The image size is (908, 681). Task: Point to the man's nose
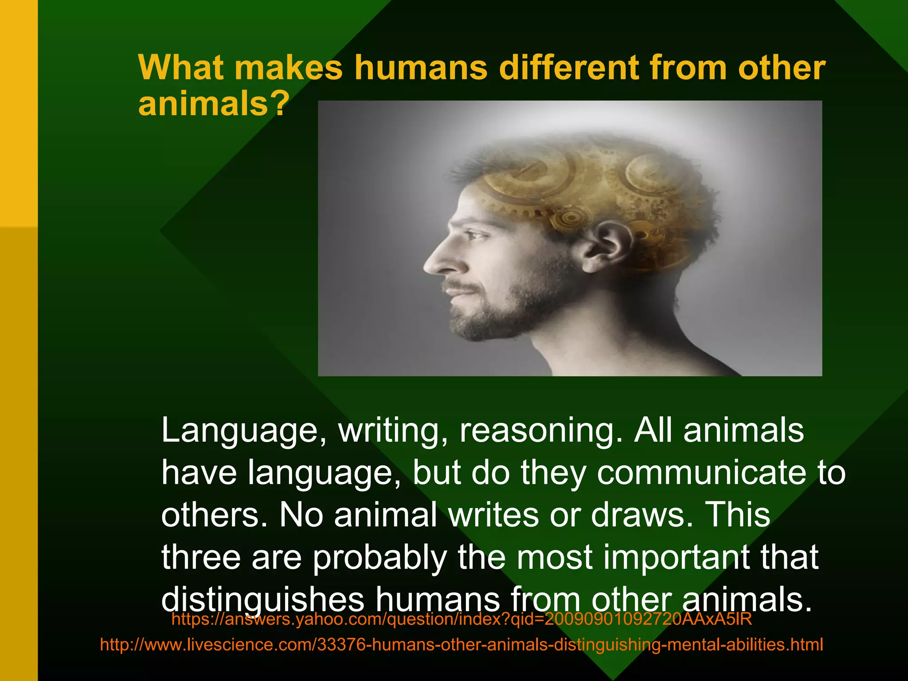click(x=437, y=262)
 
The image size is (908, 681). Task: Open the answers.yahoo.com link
click(x=462, y=619)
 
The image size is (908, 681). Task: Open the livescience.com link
click(x=462, y=644)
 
